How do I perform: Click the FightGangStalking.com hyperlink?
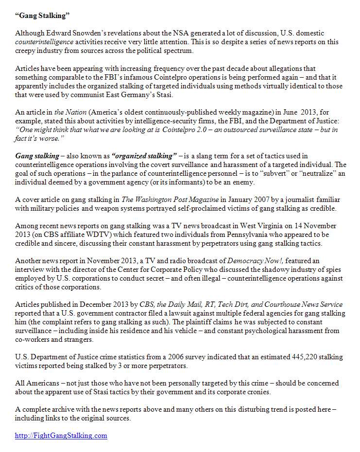(x=61, y=435)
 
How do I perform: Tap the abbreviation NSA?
(x=181, y=33)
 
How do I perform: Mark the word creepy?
(x=26, y=50)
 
